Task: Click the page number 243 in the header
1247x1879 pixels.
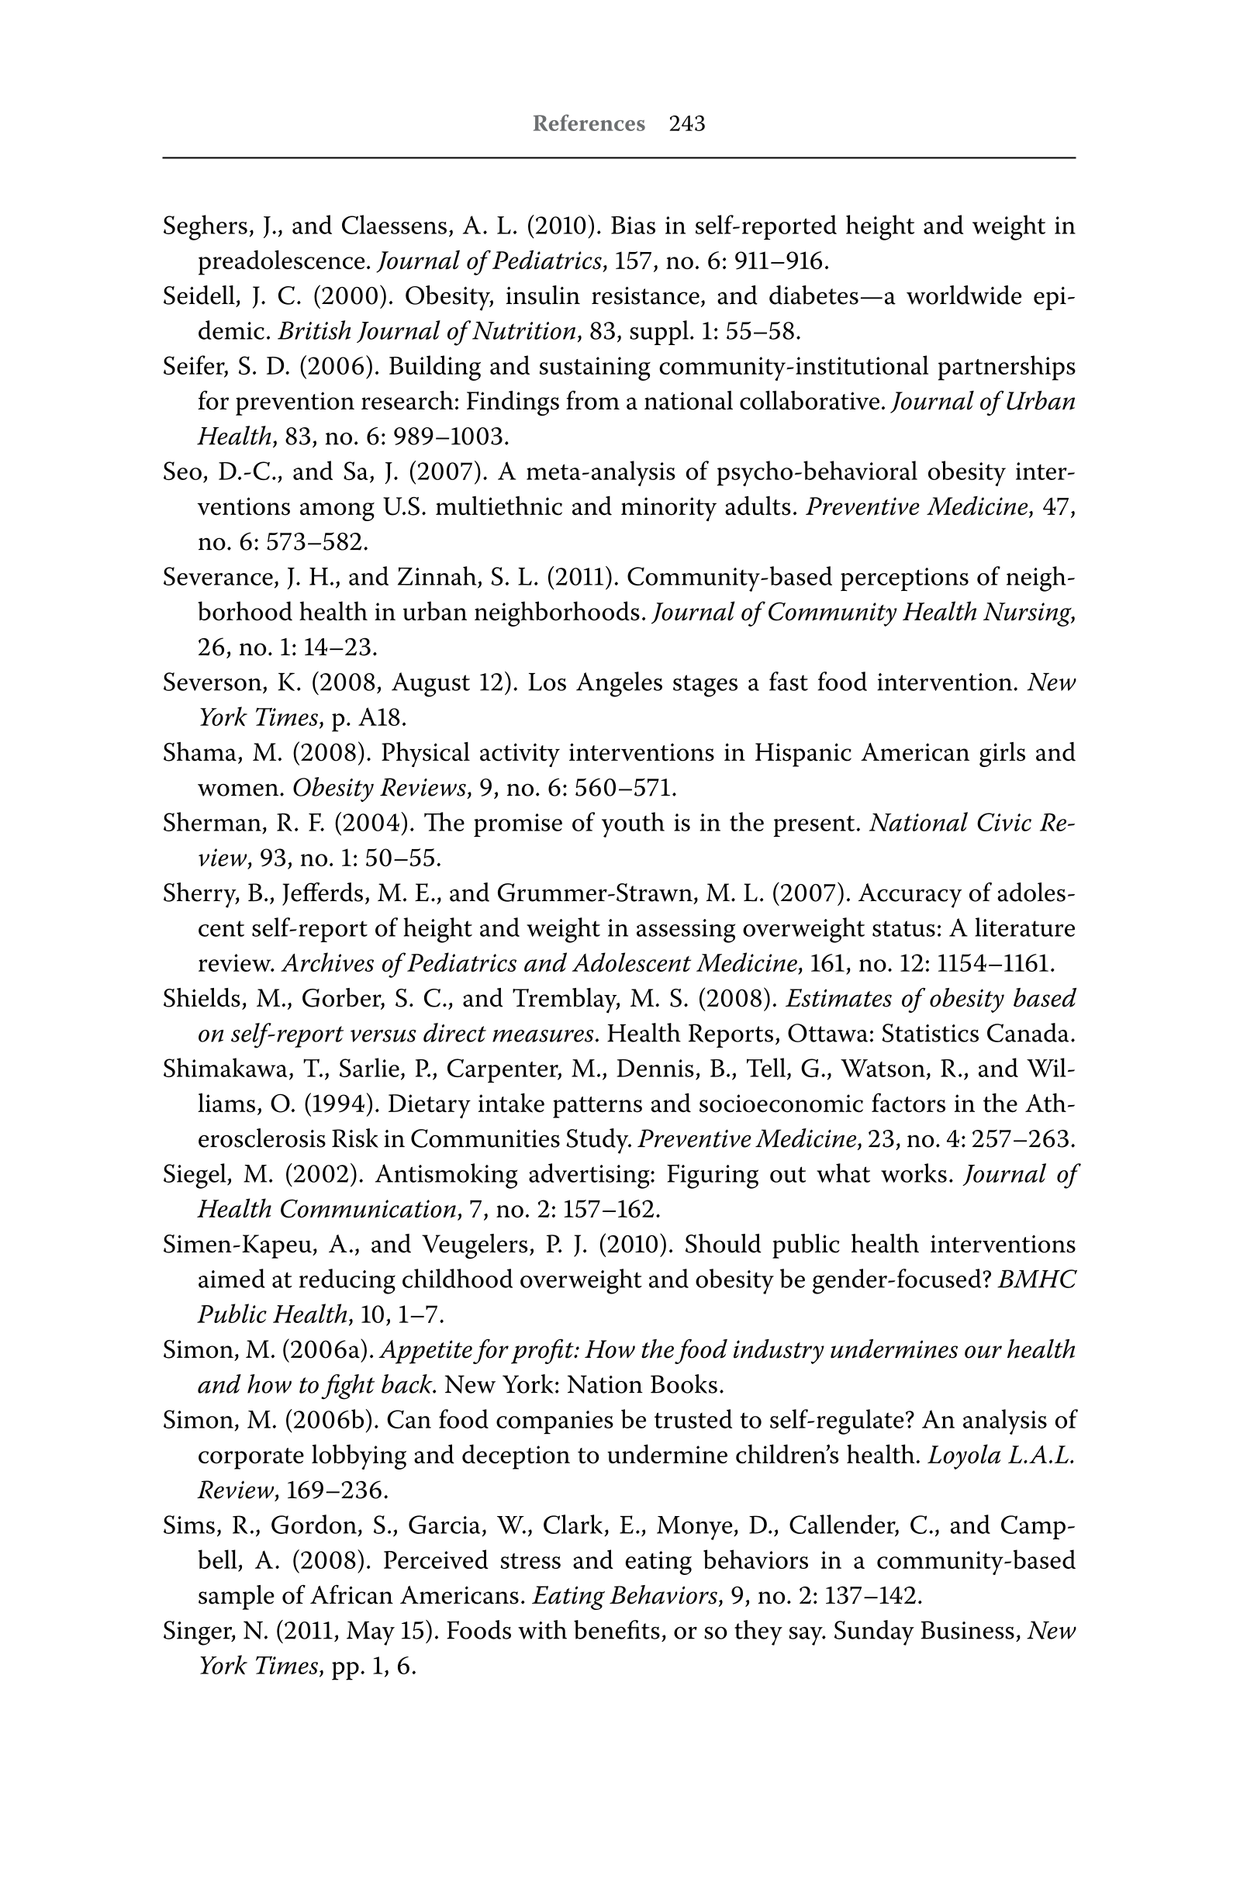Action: (686, 124)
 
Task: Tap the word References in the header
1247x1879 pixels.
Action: (589, 124)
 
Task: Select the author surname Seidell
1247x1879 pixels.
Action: (199, 296)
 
